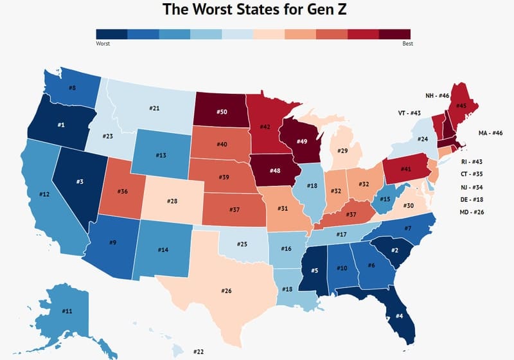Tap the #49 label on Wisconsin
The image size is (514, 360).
[x=300, y=141]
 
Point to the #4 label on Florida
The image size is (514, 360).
[x=399, y=316]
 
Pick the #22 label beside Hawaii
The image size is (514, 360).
[x=199, y=351]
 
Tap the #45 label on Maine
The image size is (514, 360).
[x=461, y=105]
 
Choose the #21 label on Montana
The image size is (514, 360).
[x=154, y=108]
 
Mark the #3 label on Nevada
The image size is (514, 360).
[x=79, y=182]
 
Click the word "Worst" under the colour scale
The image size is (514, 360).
[x=103, y=44]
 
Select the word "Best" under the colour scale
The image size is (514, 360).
[x=407, y=44]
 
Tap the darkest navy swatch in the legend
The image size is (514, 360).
[x=112, y=35]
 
